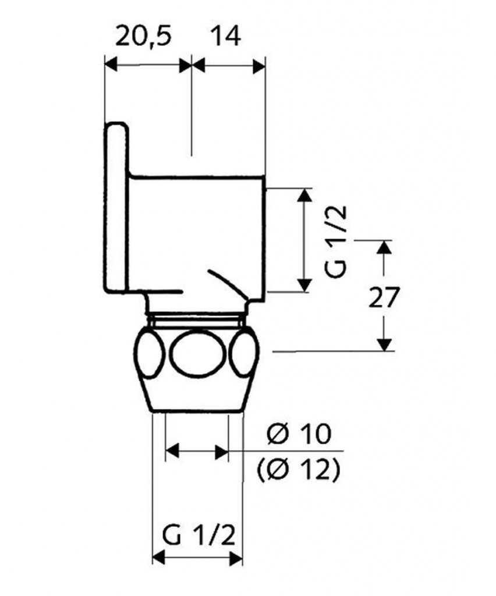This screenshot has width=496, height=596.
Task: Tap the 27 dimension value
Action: [x=384, y=297]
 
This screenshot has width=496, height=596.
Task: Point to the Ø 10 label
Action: [x=299, y=434]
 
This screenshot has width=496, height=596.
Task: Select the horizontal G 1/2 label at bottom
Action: [x=199, y=537]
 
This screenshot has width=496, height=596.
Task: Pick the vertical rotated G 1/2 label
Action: [x=336, y=242]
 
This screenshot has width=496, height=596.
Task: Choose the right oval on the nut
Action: [x=245, y=354]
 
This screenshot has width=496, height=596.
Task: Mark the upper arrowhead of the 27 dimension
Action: [x=385, y=247]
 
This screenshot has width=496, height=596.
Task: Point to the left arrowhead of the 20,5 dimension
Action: [x=110, y=65]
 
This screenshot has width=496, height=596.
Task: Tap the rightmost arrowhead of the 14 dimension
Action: [x=259, y=65]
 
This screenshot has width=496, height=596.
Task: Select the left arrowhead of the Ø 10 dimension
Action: [x=172, y=451]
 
